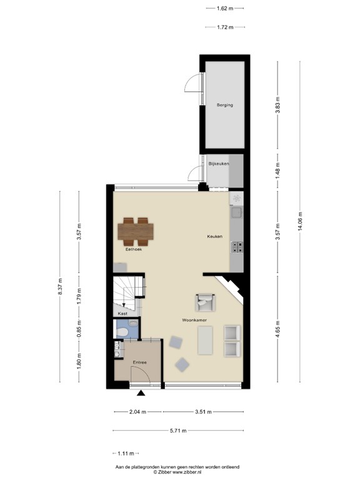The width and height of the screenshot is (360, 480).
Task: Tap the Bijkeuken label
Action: pos(219,164)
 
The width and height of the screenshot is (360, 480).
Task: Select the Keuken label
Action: pos(215,236)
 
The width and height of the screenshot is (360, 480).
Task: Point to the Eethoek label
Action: pos(134,249)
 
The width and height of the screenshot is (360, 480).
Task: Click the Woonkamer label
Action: pos(194,321)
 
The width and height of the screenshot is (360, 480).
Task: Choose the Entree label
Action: pos(139,362)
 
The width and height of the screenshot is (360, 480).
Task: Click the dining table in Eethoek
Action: pos(136,231)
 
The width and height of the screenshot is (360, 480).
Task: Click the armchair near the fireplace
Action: pos(204,303)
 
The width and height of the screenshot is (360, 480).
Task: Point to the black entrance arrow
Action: pos(141,393)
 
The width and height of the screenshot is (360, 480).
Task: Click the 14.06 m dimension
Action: pos(300,221)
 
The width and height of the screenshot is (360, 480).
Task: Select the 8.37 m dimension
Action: pos(61,286)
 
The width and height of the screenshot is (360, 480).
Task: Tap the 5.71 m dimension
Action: pos(177,431)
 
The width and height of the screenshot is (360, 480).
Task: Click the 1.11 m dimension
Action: pos(125,453)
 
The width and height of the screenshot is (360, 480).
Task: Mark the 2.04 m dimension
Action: pos(137,412)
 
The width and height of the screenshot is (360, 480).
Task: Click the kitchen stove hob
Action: pos(236,248)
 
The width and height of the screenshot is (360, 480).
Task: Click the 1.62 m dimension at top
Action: pos(225,9)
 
